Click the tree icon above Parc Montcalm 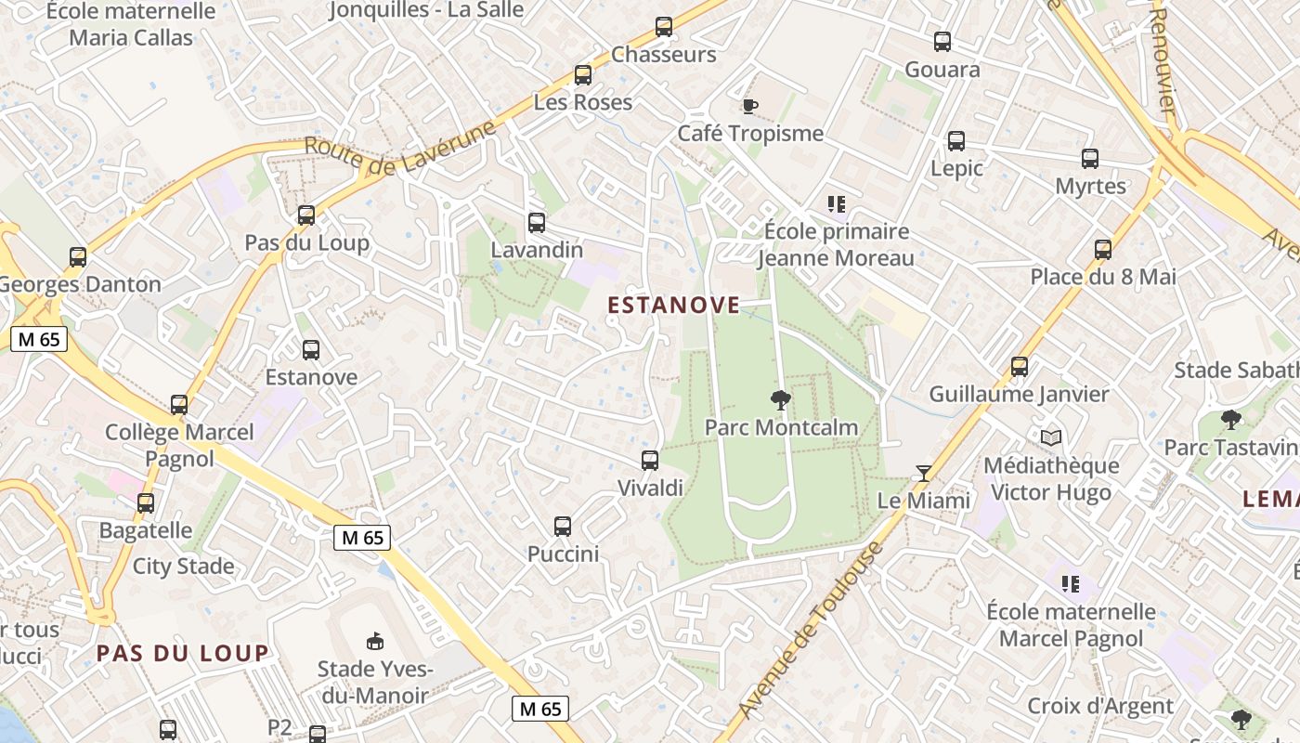[x=780, y=400]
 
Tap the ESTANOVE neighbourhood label [x=674, y=305]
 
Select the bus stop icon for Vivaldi [x=650, y=460]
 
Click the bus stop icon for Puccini [x=563, y=527]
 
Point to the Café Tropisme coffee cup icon [x=750, y=106]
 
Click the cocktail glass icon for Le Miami [x=923, y=474]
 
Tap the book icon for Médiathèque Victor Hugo [x=1051, y=437]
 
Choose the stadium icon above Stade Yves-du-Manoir [x=375, y=641]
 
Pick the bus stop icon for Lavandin [x=537, y=223]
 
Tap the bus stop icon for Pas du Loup [x=306, y=215]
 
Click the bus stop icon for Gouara [x=942, y=42]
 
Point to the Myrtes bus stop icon [x=1090, y=159]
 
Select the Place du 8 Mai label [x=1103, y=277]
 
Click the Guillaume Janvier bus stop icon [x=1020, y=367]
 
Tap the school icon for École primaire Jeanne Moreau [x=837, y=203]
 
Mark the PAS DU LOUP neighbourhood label [x=183, y=653]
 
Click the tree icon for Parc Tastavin [x=1231, y=420]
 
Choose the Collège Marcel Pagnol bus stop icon [x=179, y=405]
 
